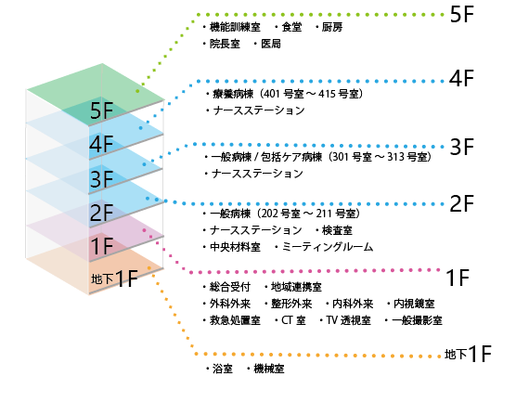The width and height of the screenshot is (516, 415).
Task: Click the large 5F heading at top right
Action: (461, 15)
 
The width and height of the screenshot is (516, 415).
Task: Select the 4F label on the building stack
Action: (102, 144)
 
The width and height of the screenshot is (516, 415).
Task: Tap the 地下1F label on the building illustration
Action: (114, 279)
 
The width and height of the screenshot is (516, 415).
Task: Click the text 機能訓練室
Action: (235, 27)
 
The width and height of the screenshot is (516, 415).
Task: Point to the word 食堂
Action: (291, 27)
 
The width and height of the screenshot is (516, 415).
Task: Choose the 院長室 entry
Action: (225, 44)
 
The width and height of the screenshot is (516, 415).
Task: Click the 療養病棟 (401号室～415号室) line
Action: (288, 94)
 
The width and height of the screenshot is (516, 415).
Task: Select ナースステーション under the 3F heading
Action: (257, 174)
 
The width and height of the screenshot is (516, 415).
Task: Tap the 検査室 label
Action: (337, 230)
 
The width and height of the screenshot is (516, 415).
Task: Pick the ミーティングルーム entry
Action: (328, 247)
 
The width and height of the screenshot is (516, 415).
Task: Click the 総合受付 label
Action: (230, 287)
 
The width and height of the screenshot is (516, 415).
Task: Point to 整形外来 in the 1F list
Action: (291, 304)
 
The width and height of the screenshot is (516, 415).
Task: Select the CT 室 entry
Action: (293, 320)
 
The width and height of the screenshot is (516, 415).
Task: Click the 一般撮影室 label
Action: (417, 320)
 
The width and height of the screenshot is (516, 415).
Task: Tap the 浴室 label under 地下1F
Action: (223, 369)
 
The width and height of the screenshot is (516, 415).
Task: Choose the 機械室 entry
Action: (269, 369)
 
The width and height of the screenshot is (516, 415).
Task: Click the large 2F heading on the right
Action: (461, 203)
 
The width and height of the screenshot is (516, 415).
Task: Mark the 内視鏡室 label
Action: (414, 304)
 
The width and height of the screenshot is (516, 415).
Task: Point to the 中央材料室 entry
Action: (235, 247)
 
